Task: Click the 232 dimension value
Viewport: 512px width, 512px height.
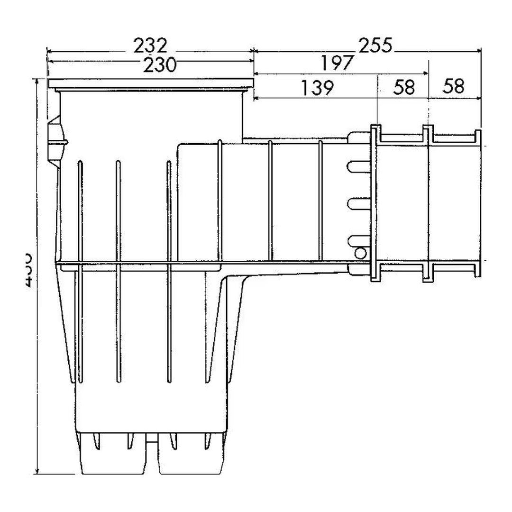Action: (150, 46)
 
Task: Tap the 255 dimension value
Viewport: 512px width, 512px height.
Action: (375, 46)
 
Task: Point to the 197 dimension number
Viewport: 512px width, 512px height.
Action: (337, 63)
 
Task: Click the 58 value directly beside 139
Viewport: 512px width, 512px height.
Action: (403, 87)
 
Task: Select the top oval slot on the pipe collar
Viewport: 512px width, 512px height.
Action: (359, 166)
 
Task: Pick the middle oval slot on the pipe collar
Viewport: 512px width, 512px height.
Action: (359, 204)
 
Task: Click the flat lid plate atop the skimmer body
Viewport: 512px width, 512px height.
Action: (151, 84)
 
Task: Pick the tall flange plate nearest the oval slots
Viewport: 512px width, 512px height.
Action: (374, 204)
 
